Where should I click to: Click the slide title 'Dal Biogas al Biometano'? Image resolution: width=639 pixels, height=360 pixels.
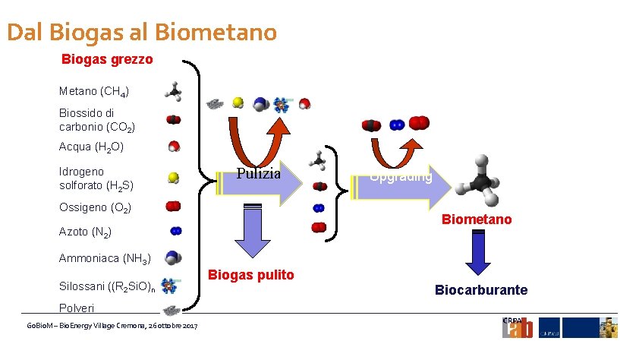142,33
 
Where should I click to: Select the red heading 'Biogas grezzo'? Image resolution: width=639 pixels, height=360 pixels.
107,59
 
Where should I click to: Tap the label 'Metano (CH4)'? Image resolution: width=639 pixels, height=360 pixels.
94,92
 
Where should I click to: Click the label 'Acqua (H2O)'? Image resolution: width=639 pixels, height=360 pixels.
91,147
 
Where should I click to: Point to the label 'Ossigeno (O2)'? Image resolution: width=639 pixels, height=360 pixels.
96,207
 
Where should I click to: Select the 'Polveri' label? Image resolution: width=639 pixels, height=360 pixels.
77,308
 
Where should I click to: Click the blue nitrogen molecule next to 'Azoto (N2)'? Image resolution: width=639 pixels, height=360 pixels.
175,230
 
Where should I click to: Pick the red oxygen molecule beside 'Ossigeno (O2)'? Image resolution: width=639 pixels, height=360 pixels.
174,206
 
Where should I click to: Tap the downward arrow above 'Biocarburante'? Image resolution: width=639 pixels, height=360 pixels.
478,252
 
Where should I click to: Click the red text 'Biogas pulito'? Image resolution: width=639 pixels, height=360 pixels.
251,275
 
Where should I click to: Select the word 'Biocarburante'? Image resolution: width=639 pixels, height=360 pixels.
481,290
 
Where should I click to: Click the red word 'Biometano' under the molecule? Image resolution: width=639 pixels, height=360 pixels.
477,219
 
